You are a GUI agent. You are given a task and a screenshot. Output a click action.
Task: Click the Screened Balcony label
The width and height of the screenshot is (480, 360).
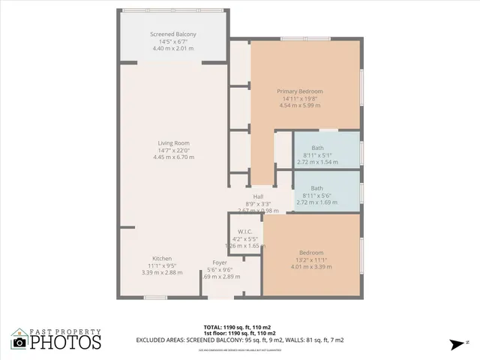[x=173, y=34]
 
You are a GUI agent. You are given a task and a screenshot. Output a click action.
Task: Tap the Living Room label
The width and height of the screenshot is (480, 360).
[x=173, y=143]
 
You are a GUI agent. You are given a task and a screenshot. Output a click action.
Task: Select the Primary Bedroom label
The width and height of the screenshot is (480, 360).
[x=298, y=91]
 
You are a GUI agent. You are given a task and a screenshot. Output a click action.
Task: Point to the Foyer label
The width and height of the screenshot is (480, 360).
[x=219, y=262]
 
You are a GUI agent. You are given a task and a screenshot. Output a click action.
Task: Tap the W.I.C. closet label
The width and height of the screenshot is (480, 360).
[x=244, y=231]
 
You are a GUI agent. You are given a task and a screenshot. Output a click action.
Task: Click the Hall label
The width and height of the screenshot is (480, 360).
[x=258, y=196]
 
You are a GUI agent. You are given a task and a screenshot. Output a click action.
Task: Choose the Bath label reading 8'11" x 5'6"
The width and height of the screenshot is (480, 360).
[x=317, y=188]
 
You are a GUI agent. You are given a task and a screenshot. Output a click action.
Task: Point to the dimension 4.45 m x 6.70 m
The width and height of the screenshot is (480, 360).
[x=173, y=157]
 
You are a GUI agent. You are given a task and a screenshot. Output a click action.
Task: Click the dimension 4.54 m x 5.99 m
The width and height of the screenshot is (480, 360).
[x=298, y=105]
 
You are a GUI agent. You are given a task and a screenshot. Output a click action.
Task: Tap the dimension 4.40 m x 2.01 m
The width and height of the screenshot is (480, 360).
[x=173, y=49]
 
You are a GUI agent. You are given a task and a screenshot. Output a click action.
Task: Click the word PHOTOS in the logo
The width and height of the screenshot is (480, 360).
[x=65, y=343]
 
